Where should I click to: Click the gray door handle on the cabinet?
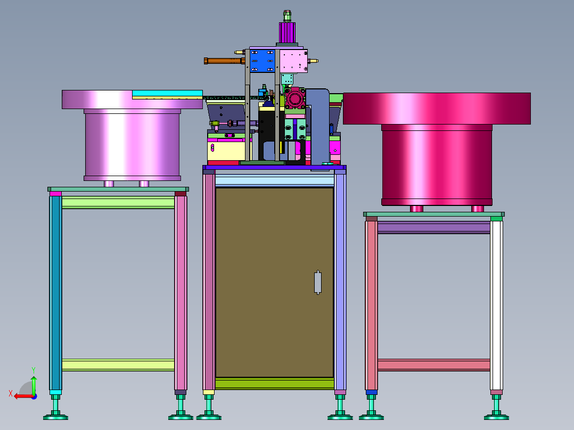pos(318,282)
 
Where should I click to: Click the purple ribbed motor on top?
pos(287,32)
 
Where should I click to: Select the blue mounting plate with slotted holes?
pos(262,61)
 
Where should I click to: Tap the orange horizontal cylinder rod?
pos(224,61)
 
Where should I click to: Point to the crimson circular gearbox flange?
pos(295,98)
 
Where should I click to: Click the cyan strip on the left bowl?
pos(167,93)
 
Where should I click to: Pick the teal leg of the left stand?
pos(55,293)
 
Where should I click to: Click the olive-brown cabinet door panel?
pos(275,282)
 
